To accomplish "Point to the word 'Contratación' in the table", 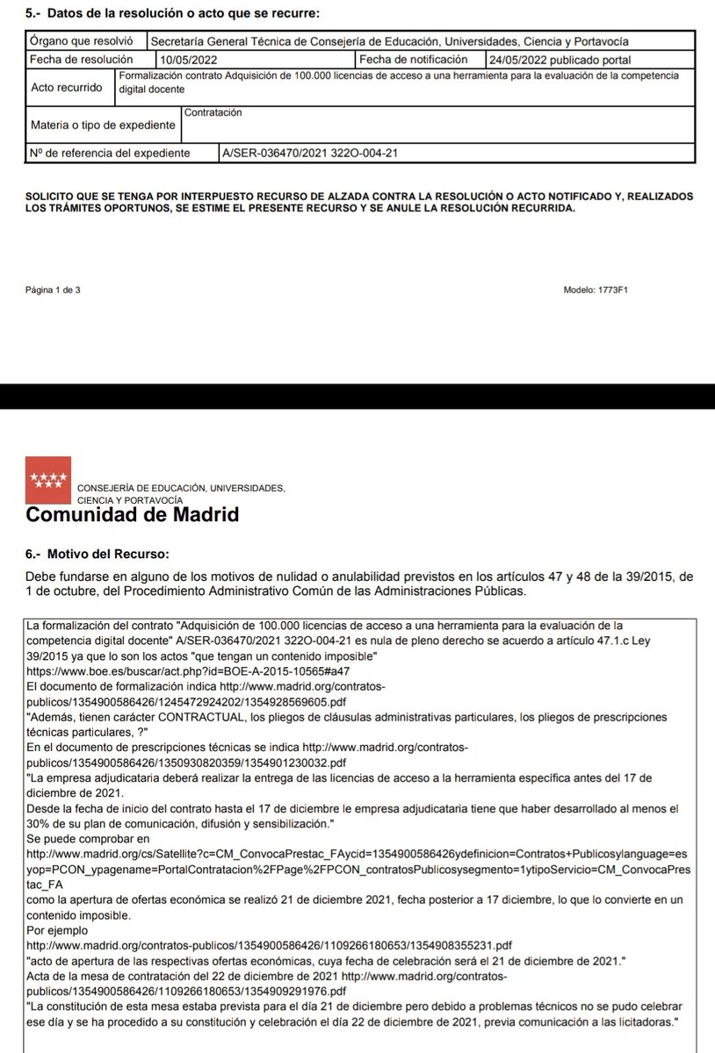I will coord(213,113).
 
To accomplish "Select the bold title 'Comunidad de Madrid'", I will coord(133,515).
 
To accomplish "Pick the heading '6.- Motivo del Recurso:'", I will coord(98,554).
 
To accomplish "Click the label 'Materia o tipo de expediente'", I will coord(104,125).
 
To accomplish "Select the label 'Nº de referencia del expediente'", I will coord(110,153).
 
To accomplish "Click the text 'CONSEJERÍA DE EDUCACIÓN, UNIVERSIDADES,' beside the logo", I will coord(181,488).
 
